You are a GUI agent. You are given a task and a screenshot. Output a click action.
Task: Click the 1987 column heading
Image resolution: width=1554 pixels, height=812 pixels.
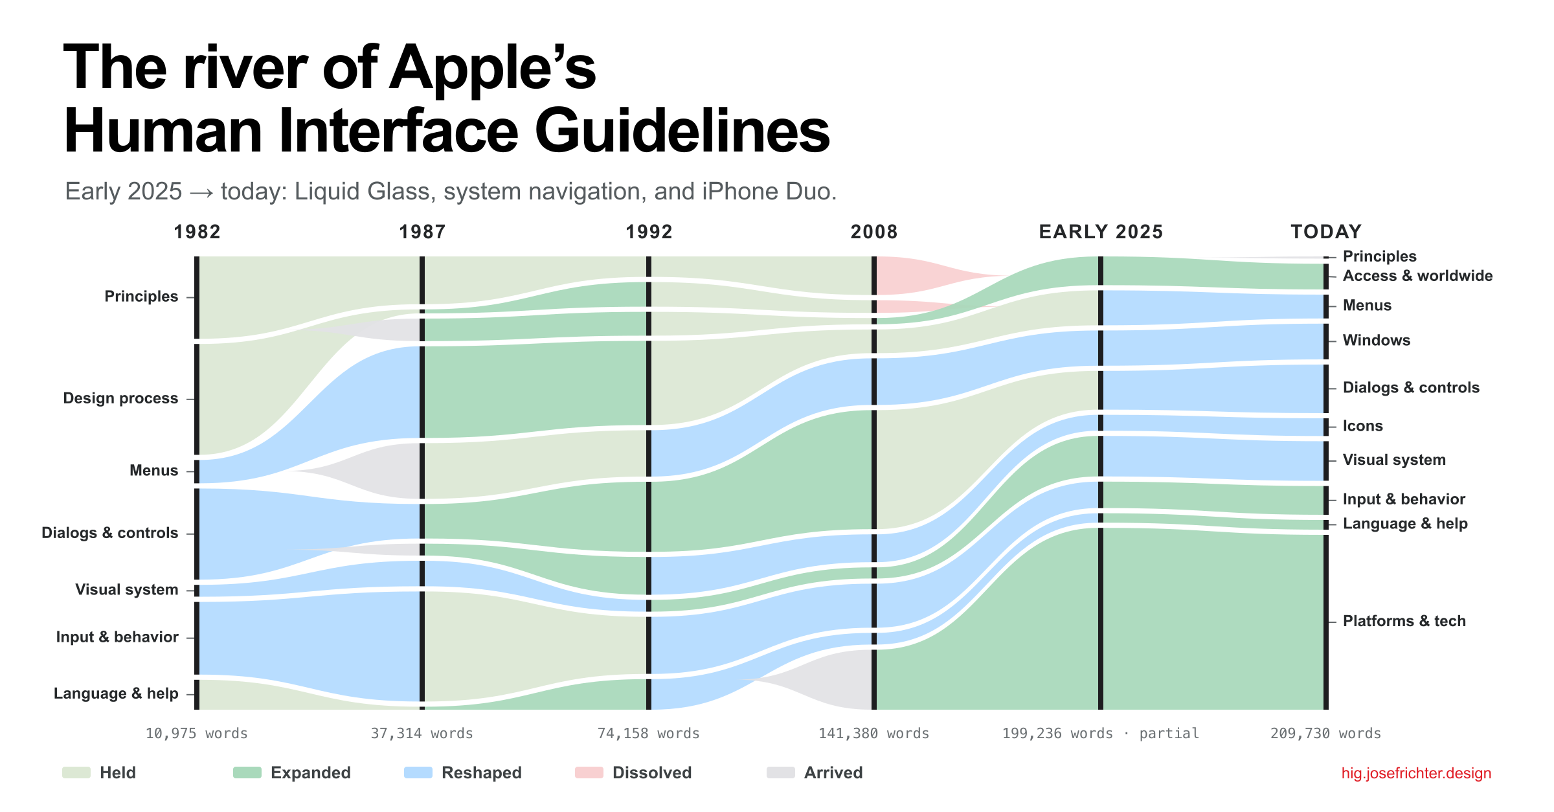point(422,232)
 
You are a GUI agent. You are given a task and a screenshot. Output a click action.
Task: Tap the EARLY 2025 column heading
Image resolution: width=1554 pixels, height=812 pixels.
point(1101,232)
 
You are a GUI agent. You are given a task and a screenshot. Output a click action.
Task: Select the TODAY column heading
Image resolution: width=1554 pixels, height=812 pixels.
point(1326,232)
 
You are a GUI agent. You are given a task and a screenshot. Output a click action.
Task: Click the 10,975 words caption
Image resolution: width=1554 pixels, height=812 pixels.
point(197,734)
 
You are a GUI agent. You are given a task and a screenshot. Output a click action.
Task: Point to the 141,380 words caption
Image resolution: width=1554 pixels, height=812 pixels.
point(874,734)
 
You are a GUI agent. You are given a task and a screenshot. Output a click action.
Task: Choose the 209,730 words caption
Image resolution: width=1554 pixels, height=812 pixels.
point(1325,734)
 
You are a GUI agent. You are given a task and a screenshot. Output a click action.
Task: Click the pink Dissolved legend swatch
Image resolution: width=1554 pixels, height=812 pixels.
point(589,773)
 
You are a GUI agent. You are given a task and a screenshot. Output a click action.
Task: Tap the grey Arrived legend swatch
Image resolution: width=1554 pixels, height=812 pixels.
point(781,773)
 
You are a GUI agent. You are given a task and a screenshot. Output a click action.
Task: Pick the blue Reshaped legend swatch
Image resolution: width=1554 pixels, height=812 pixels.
point(418,773)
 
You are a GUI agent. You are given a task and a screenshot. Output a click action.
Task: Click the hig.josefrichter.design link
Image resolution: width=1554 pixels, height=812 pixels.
point(1416,773)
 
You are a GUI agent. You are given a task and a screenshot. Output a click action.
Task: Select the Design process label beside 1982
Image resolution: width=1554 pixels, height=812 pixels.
point(120,398)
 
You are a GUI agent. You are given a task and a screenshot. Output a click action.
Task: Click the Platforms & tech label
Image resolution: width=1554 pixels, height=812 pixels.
point(1404,621)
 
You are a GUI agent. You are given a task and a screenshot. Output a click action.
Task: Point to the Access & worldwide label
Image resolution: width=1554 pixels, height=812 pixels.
point(1417,276)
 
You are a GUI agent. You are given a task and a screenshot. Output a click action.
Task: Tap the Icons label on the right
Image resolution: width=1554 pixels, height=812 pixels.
point(1362,426)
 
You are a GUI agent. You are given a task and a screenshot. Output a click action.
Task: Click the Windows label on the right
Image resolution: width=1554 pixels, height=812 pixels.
point(1376,341)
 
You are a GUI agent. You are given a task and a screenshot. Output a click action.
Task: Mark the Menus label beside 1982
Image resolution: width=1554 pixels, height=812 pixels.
point(153,471)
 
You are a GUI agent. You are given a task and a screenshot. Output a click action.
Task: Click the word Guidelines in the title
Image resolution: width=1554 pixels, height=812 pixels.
point(682,131)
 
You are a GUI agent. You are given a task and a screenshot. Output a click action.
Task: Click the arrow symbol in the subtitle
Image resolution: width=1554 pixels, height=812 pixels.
point(201,192)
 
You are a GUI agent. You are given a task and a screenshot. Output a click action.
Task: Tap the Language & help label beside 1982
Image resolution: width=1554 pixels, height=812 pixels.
point(116,694)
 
